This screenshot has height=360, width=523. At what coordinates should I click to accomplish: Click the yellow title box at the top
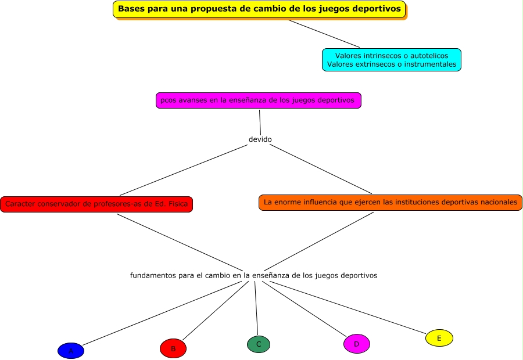click(x=259, y=9)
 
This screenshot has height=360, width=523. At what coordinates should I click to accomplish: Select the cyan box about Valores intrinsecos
click(x=391, y=60)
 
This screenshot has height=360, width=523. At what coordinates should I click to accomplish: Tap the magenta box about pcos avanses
click(x=258, y=100)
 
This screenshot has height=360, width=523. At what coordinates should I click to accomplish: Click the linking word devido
click(x=260, y=139)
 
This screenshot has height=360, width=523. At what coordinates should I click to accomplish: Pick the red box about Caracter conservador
click(x=96, y=204)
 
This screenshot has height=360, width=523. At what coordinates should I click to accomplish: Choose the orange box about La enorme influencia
click(x=390, y=202)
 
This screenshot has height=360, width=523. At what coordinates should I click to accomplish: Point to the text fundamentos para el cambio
click(x=253, y=275)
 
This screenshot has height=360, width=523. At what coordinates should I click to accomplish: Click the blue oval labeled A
click(x=71, y=351)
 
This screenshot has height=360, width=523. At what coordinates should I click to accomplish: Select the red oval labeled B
click(x=173, y=348)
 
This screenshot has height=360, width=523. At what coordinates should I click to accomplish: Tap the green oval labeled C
click(x=258, y=344)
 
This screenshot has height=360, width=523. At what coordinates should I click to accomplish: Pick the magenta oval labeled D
click(x=356, y=344)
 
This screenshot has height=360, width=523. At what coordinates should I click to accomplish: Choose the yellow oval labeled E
click(x=439, y=338)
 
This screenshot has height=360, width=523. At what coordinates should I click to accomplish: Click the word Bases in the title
click(x=131, y=9)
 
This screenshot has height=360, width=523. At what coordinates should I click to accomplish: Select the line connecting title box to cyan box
click(x=324, y=34)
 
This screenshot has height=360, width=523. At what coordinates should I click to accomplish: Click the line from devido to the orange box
click(x=321, y=168)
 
